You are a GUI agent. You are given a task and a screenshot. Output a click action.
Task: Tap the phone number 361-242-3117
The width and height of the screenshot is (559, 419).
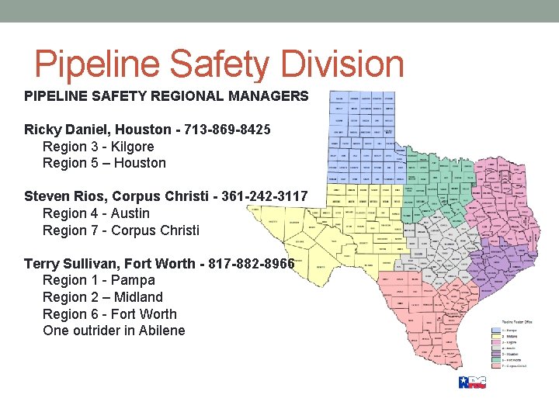[265, 196]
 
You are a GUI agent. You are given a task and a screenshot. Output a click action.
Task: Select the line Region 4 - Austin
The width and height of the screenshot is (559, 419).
[95, 213]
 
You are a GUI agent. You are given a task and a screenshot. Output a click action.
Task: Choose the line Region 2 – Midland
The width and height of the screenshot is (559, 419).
[102, 297]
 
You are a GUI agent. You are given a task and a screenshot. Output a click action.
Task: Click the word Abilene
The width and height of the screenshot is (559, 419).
[161, 331]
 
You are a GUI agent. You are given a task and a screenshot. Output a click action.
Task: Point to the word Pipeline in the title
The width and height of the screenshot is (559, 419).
[99, 64]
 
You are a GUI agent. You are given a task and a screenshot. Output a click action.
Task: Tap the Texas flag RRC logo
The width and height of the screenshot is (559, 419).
[472, 382]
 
